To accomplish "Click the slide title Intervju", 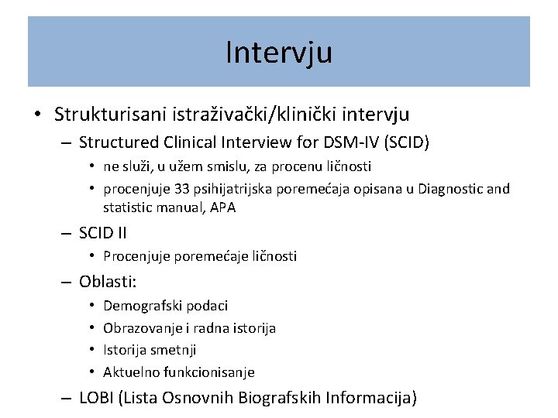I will tap(279, 52).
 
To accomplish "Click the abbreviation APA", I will tap(221, 207).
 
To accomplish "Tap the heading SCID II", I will tap(103, 232).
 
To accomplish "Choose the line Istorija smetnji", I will tap(150, 350).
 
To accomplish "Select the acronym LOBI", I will tap(97, 399).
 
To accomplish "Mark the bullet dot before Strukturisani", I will tap(37, 115).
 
